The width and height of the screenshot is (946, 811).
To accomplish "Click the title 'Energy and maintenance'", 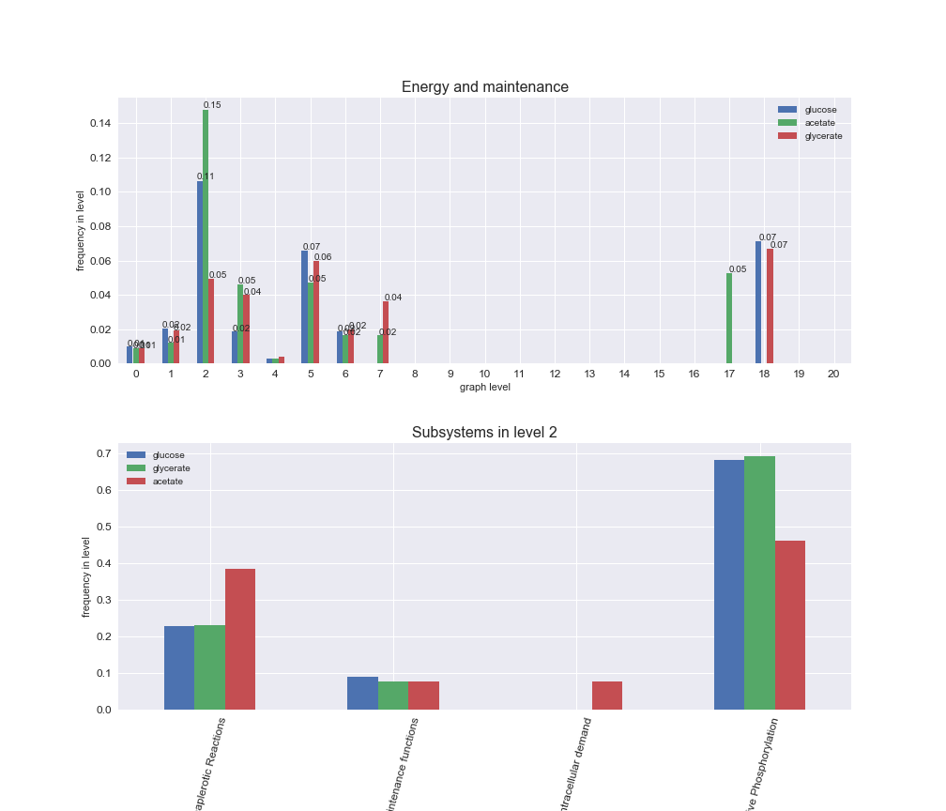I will point(484,87).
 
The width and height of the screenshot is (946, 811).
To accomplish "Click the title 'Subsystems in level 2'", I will point(484,433).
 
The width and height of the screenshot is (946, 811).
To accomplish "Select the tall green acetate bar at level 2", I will point(206,237).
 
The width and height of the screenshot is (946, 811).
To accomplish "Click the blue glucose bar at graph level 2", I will point(200,272).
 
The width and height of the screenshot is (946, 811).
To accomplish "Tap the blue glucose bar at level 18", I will point(758,302).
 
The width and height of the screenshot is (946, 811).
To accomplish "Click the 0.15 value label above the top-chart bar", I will point(212,105).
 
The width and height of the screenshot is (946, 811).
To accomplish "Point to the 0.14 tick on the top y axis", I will point(100,123).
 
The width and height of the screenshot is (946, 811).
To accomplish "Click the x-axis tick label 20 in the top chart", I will point(833,374).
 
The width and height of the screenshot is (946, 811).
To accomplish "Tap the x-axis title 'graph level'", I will point(484,387).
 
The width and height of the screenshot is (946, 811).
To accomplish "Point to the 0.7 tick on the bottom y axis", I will point(103,454).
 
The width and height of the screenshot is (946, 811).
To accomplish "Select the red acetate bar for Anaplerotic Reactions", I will point(240,638).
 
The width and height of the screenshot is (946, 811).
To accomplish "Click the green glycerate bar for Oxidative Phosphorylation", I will point(759,582).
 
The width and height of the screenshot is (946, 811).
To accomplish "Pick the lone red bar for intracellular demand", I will point(607,695).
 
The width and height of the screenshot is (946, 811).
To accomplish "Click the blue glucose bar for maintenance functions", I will point(362,693).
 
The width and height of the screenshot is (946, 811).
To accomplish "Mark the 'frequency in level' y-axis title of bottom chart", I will point(86,576).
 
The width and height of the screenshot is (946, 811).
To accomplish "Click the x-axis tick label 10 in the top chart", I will point(484,374).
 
